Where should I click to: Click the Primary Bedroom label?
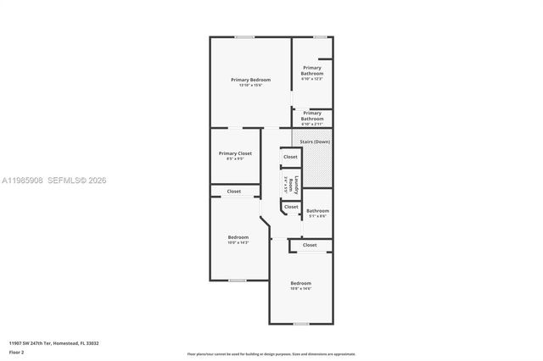click(251, 80)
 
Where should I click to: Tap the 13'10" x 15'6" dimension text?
click(251, 85)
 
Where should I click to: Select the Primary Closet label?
click(235, 153)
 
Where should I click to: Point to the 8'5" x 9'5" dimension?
click(235, 158)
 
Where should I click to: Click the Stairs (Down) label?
click(315, 142)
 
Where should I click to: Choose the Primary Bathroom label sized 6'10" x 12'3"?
click(311, 70)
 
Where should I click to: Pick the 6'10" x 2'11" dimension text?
click(312, 124)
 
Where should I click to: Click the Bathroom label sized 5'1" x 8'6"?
click(317, 211)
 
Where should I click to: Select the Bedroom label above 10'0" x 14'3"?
click(238, 237)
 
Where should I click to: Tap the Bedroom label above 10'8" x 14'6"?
click(301, 283)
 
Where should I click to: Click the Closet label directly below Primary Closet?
click(234, 192)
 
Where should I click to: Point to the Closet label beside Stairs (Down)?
click(290, 157)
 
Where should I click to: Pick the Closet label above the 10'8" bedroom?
click(310, 245)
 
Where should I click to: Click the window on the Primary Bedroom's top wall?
click(244, 36)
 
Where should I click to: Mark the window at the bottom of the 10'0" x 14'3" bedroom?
click(238, 280)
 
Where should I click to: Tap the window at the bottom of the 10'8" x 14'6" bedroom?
click(301, 324)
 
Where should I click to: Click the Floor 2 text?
click(17, 351)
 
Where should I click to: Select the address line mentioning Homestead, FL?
click(54, 343)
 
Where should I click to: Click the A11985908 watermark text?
click(22, 180)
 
